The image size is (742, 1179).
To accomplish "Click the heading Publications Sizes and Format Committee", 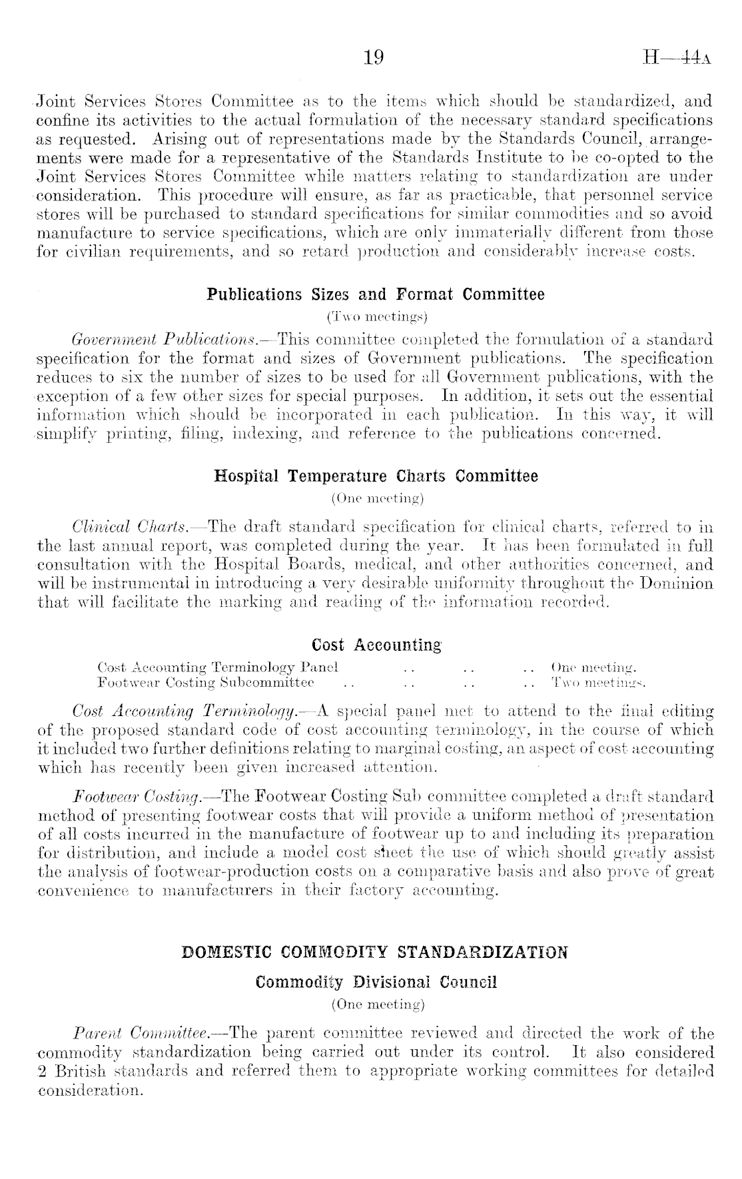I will coord(376,294).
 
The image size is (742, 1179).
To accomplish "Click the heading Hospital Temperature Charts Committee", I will coord(376,477).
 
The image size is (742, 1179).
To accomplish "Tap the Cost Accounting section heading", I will coord(376,645).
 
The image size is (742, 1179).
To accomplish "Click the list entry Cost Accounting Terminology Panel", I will coord(218,667).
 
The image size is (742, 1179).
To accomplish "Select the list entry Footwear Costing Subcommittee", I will coord(206,682).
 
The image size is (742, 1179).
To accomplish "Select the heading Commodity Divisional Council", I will coord(376,983).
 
